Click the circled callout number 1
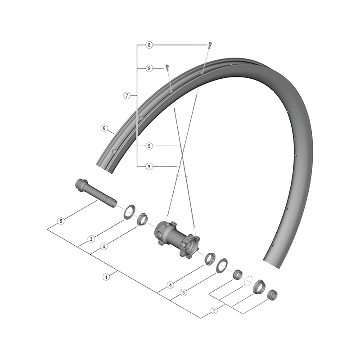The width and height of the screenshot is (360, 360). click(107, 277)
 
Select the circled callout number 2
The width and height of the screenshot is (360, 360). click(214, 310)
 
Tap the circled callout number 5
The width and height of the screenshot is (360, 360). click(60, 221)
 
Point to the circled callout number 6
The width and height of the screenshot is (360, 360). click(104, 128)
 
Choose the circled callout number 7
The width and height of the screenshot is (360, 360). click(127, 95)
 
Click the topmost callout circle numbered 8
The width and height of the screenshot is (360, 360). click(149, 45)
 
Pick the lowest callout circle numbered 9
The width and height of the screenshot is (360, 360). click(149, 166)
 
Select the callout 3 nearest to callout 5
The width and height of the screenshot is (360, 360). click(91, 238)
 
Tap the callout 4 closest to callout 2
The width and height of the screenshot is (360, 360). click(171, 285)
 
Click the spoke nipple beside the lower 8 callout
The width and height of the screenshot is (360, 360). click(167, 67)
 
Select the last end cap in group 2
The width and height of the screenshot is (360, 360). click(272, 296)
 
